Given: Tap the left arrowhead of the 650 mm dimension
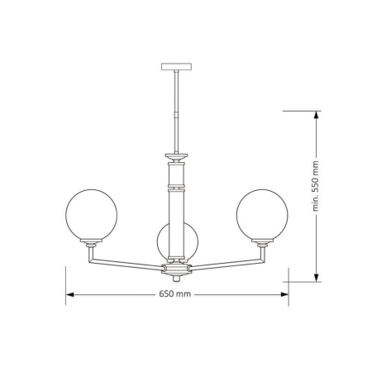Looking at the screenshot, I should [70, 293].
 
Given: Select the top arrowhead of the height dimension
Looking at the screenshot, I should [317, 114].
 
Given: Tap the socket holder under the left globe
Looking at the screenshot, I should [91, 244].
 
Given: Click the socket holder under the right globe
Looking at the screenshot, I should [262, 244].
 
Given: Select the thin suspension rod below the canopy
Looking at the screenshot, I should [177, 107].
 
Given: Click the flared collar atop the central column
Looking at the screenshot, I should [176, 155].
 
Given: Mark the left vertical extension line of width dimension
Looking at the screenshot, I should [66, 281].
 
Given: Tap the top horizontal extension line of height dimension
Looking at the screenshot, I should [302, 110].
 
